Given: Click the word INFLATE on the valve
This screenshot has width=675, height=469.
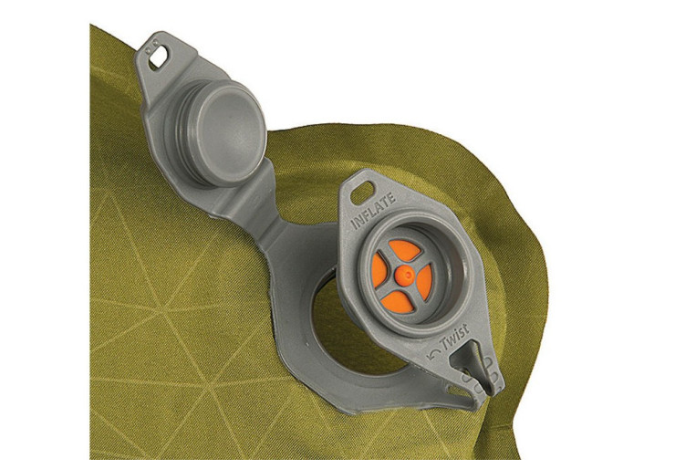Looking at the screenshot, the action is coord(373,211).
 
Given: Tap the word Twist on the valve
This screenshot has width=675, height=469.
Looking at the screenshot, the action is coord(455,338).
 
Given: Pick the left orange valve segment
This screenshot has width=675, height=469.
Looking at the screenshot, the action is coord(379,269).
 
